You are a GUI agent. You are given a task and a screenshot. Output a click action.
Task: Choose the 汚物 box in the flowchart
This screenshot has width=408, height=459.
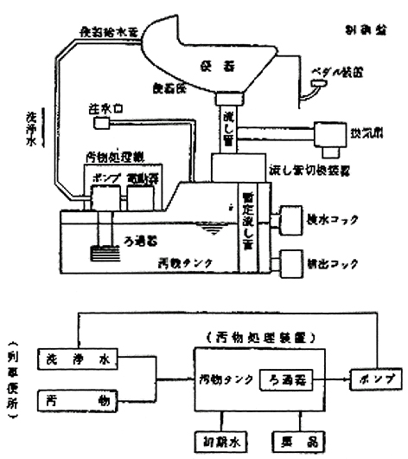tap(75, 399)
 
